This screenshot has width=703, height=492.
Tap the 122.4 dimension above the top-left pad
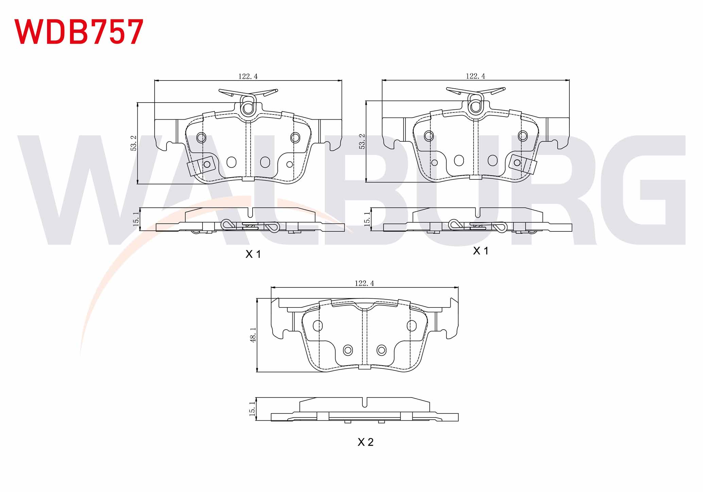pos(248,76)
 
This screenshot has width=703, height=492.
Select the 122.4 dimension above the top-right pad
pos(475,76)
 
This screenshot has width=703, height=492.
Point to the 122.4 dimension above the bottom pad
pos(364,283)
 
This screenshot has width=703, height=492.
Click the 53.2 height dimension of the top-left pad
pos(134,143)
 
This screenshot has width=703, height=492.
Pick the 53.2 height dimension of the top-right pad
pos(362,141)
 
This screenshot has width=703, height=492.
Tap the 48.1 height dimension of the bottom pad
pos(253,335)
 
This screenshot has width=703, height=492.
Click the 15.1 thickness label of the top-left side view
pos(136,219)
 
